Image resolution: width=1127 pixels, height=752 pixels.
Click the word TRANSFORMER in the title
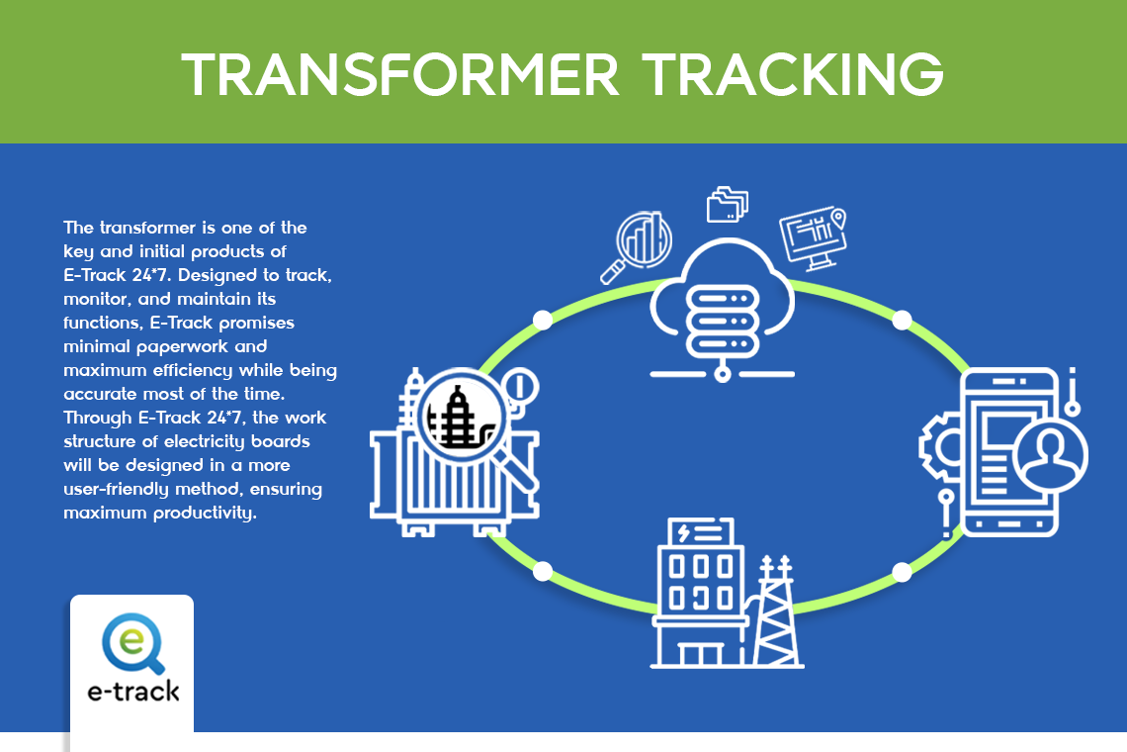(x=400, y=74)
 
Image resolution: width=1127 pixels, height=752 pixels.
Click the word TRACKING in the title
(x=793, y=74)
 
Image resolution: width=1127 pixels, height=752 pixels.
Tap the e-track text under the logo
(x=133, y=692)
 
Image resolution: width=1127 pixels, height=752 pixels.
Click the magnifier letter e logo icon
(x=133, y=642)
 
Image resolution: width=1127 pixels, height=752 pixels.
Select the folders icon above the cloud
(x=728, y=205)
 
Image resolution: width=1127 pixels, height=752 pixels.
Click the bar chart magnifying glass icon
(x=637, y=246)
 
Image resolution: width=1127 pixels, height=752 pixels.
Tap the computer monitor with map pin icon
(x=814, y=238)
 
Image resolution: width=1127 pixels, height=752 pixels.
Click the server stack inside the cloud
(x=723, y=321)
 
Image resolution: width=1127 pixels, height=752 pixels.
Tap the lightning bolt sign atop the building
(x=701, y=532)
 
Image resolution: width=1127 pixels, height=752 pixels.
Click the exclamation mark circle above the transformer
(x=520, y=387)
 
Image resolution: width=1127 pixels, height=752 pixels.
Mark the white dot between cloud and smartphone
(x=902, y=321)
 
